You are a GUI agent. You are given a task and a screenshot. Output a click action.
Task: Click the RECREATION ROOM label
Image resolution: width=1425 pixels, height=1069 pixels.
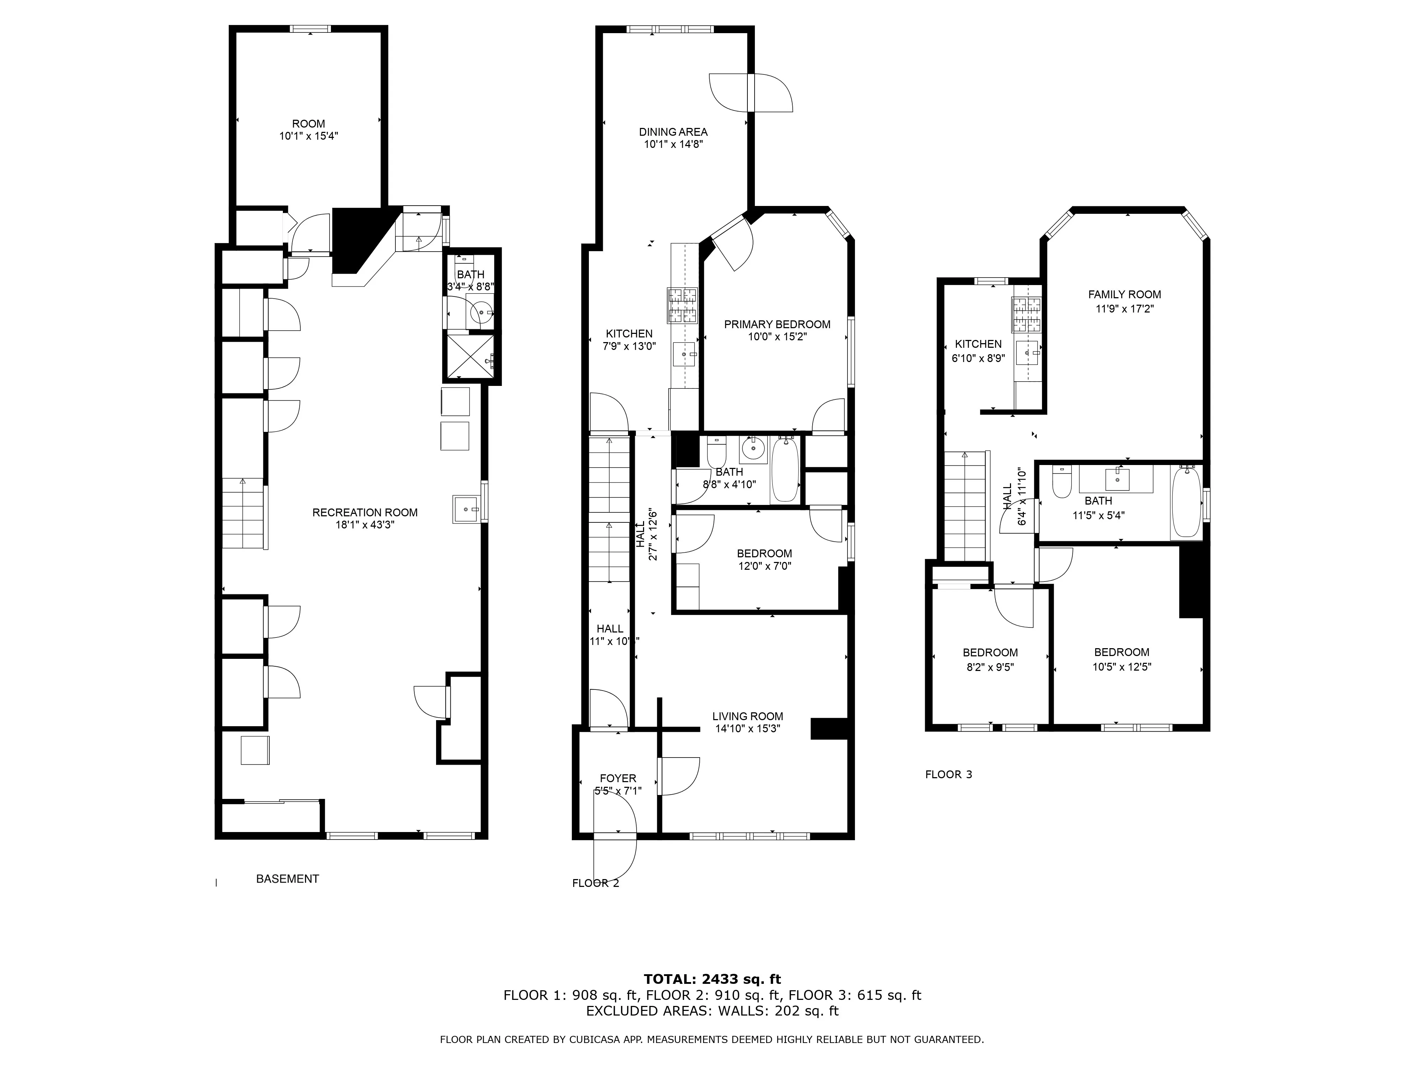(365, 512)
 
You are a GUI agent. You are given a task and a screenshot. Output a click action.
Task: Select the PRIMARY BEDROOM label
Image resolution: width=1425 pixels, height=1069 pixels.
(777, 324)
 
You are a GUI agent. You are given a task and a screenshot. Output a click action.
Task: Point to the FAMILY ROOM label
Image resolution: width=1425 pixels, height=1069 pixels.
(1124, 294)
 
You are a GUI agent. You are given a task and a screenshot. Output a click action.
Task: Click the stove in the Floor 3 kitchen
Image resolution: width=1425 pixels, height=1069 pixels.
(1027, 314)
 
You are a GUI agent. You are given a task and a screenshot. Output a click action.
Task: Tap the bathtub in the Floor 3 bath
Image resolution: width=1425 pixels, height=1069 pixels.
(1186, 502)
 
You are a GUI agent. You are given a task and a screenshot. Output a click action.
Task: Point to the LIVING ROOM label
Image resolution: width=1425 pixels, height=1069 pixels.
(747, 716)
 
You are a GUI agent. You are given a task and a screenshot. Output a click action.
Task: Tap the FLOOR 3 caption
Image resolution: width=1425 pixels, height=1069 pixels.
(948, 775)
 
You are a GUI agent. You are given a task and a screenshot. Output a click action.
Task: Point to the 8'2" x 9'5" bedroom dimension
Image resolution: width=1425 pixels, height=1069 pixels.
(990, 667)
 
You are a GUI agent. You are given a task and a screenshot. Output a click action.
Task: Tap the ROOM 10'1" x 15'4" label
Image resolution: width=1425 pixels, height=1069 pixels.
(309, 129)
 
